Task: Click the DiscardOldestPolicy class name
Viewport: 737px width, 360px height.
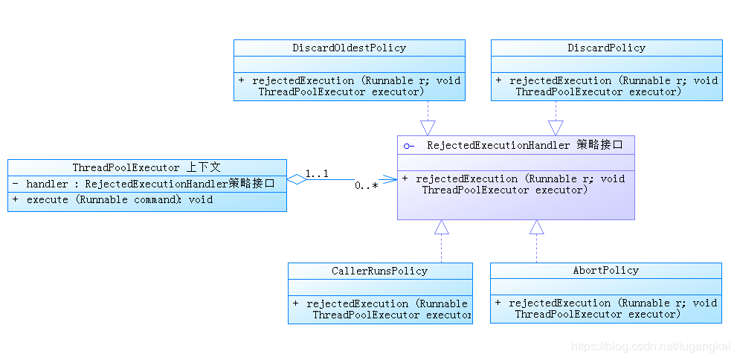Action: (349, 48)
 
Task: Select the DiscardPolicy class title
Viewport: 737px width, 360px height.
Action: (606, 48)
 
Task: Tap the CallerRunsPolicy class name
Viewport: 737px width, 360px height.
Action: (379, 271)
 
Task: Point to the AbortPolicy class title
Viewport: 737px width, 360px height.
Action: (605, 271)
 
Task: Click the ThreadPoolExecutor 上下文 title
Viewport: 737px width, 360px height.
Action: (147, 168)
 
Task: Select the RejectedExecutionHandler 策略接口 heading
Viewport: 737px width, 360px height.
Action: (524, 146)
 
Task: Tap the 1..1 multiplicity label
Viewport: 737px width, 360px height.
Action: (317, 174)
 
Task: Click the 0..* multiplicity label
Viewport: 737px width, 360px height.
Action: (366, 186)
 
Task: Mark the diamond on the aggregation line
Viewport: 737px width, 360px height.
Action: (297, 179)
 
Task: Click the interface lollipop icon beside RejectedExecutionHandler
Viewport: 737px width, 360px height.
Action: (408, 147)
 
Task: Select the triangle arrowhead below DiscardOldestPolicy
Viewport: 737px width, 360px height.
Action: (428, 127)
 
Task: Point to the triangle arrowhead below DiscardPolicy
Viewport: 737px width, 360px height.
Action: (556, 127)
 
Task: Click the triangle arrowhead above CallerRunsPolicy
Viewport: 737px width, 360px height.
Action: (442, 228)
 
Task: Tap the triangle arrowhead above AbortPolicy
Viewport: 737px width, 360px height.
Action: (537, 228)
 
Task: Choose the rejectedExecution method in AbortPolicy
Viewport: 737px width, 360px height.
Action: (605, 309)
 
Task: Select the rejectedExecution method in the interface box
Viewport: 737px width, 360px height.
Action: (513, 184)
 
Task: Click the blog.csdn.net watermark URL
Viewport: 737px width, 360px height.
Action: (650, 347)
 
